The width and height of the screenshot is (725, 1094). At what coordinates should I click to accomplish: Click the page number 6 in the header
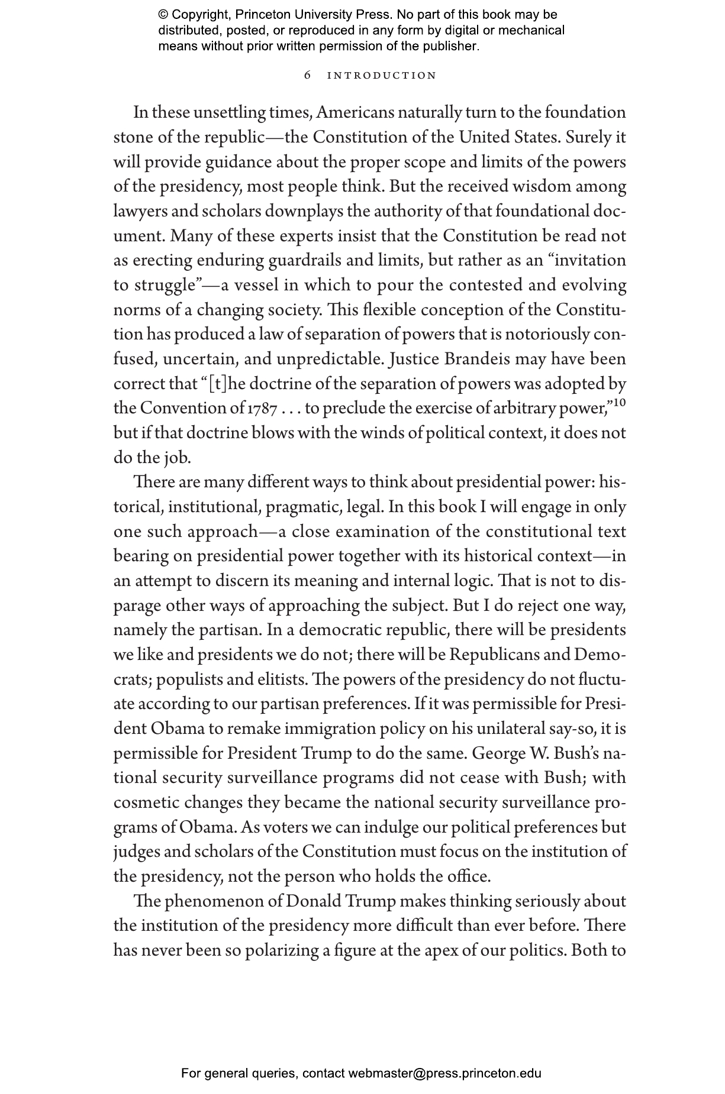click(307, 76)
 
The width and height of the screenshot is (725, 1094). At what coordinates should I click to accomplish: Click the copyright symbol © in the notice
click(163, 15)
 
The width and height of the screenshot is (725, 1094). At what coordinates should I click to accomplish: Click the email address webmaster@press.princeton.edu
click(444, 1073)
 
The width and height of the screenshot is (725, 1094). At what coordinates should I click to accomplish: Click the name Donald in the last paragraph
click(312, 901)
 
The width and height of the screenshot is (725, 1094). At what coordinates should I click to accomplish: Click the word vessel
click(256, 286)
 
